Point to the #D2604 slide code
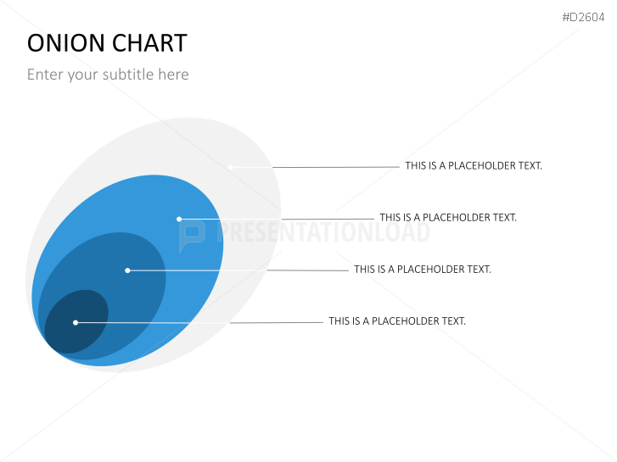[x=585, y=17]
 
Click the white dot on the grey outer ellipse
[x=230, y=167]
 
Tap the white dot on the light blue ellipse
[x=179, y=219]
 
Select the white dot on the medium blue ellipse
[x=127, y=270]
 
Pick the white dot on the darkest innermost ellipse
[x=76, y=322]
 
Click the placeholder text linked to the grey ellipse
[x=474, y=166]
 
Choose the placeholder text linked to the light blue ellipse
[x=448, y=218]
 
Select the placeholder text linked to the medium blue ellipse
[x=423, y=270]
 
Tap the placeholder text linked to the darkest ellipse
[x=397, y=321]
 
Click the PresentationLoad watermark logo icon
[x=192, y=234]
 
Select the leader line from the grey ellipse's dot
[x=335, y=167]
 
